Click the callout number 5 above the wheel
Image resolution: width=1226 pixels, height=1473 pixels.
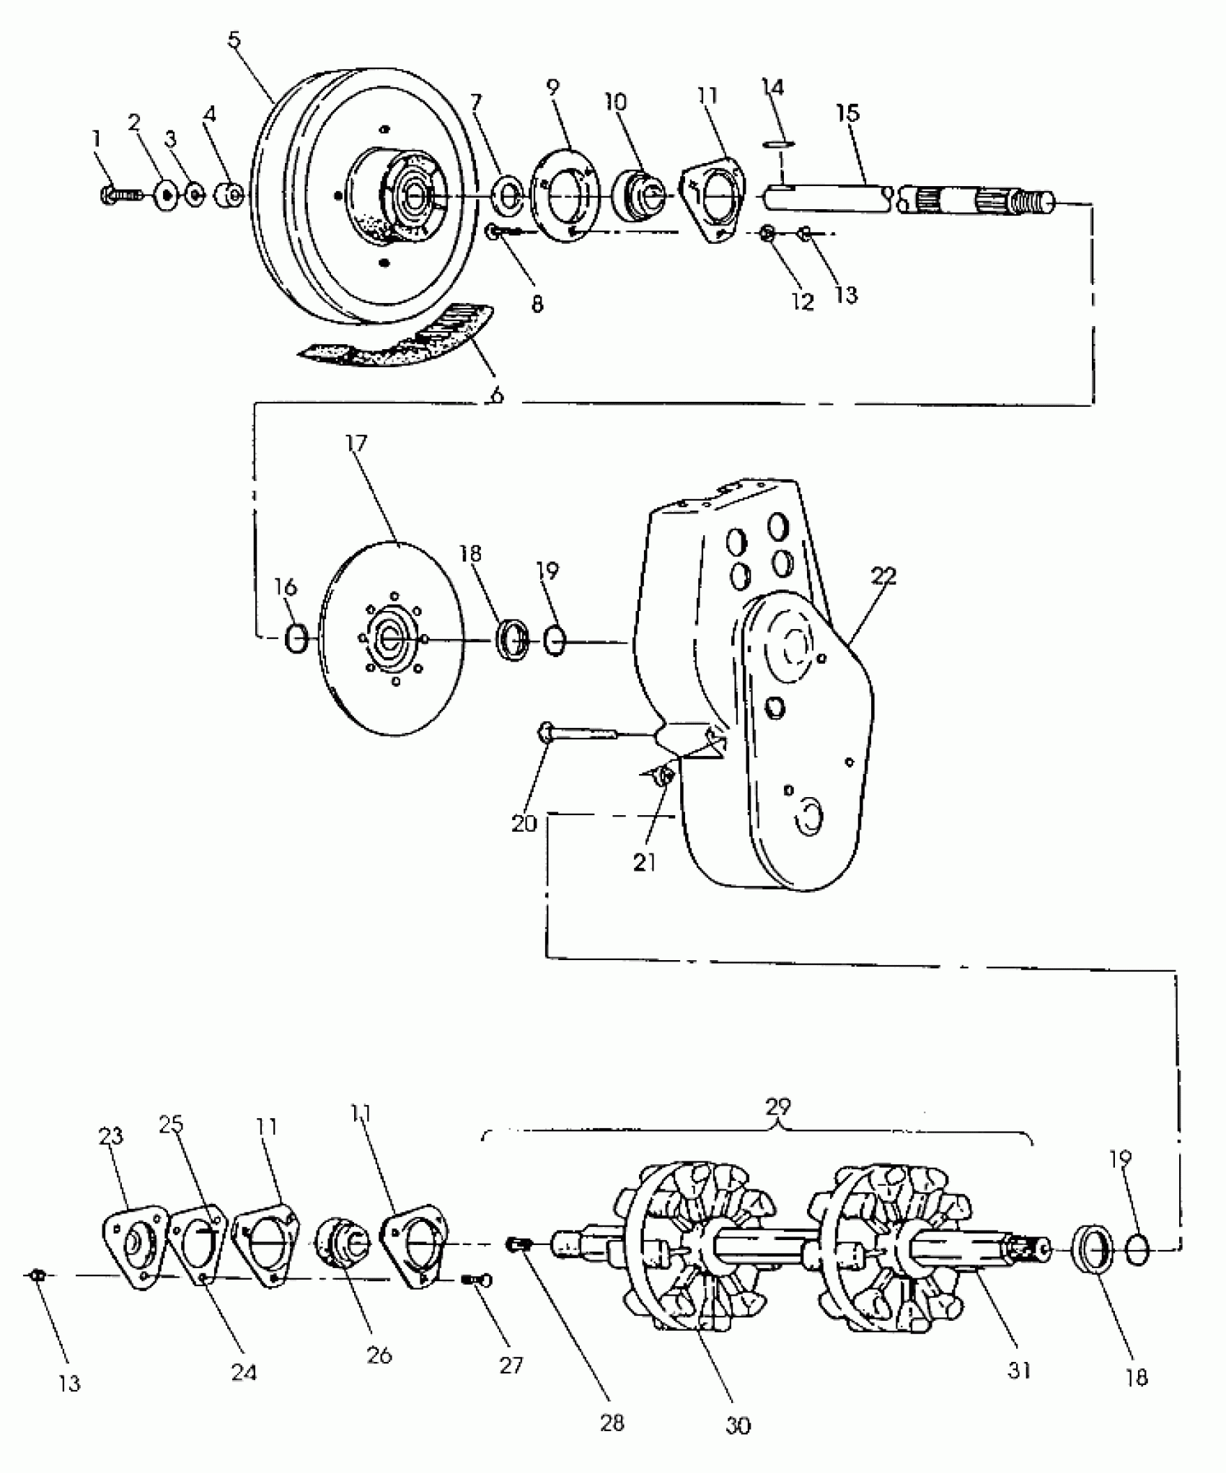tap(234, 40)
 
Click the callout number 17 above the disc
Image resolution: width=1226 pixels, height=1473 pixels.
tap(356, 443)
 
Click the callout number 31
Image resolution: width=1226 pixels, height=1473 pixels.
tap(1019, 1371)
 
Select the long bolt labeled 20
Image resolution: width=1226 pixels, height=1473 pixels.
tap(577, 734)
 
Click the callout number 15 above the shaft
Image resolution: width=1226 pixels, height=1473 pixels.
tap(848, 113)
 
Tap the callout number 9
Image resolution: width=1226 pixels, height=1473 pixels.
tap(552, 87)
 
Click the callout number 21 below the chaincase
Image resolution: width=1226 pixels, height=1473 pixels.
tap(644, 862)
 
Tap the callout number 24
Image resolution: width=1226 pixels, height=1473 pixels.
tap(244, 1373)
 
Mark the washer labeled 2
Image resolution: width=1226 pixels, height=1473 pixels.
tap(167, 195)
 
